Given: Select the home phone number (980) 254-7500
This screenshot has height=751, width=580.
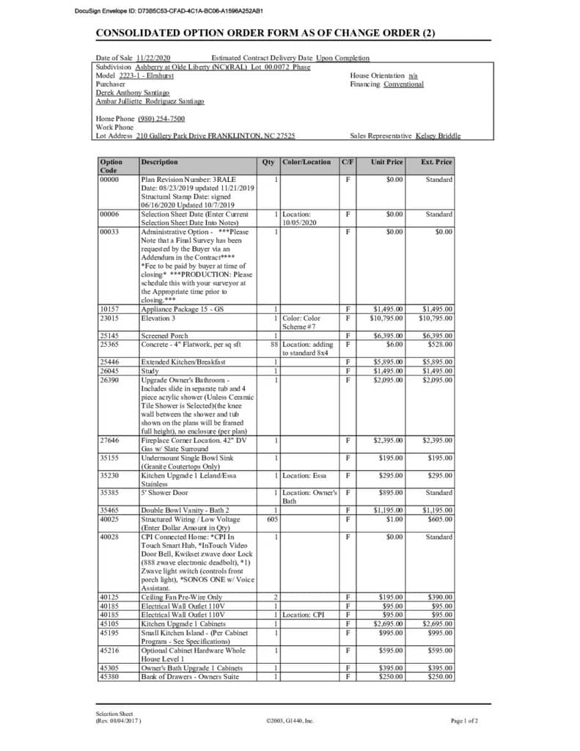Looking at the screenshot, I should [x=161, y=118].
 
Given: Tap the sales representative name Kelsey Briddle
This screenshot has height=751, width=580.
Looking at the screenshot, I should [x=438, y=136].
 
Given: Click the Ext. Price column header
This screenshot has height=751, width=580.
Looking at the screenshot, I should [x=436, y=162].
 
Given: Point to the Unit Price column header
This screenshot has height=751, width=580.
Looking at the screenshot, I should [x=386, y=162].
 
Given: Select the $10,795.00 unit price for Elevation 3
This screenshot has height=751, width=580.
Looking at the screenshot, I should [x=385, y=318].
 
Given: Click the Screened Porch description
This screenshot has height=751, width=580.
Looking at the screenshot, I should [x=164, y=336].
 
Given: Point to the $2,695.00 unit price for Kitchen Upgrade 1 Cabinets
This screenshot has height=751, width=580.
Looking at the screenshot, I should [x=387, y=623].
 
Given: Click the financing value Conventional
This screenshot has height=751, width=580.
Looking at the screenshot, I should [x=403, y=84].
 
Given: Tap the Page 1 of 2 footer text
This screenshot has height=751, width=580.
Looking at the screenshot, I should [x=465, y=721].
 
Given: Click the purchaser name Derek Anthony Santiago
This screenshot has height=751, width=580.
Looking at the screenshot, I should [x=133, y=93].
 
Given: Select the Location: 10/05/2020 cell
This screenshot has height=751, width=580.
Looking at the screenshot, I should [x=299, y=218].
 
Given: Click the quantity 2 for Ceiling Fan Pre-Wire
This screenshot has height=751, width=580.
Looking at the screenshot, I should [x=276, y=597].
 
